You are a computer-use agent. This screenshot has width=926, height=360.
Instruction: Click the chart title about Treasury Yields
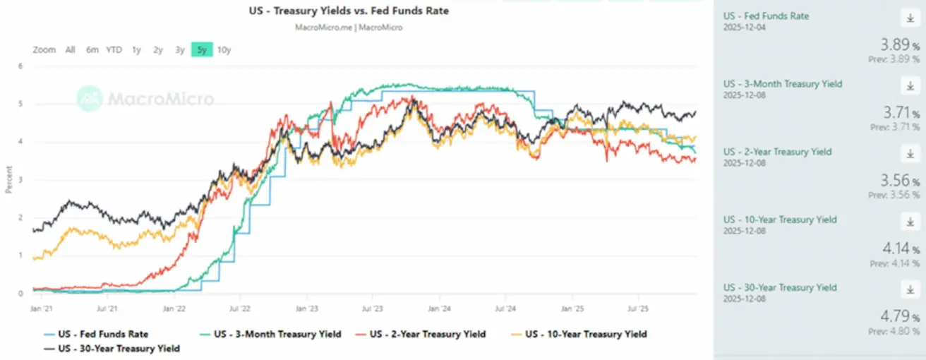click(349, 11)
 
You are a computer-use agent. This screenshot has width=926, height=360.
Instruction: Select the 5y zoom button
click(202, 50)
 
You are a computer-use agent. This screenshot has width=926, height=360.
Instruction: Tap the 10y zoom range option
click(224, 50)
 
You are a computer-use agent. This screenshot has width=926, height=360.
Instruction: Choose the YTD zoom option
click(114, 50)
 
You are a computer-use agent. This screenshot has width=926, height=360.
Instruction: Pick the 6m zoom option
click(92, 50)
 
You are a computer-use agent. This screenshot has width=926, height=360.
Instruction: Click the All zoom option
click(70, 50)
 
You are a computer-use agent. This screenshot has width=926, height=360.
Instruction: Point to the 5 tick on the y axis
click(20, 104)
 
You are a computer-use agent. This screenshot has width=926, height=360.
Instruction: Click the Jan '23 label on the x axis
click(306, 308)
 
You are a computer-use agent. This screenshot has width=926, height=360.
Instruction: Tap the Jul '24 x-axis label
click(505, 308)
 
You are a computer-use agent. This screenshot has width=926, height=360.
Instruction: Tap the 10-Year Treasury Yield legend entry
click(585, 334)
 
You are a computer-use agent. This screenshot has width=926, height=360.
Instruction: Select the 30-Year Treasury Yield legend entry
click(119, 348)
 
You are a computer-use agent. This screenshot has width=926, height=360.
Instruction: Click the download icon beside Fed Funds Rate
click(909, 18)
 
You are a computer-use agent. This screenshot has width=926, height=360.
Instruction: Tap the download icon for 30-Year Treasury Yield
click(909, 289)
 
